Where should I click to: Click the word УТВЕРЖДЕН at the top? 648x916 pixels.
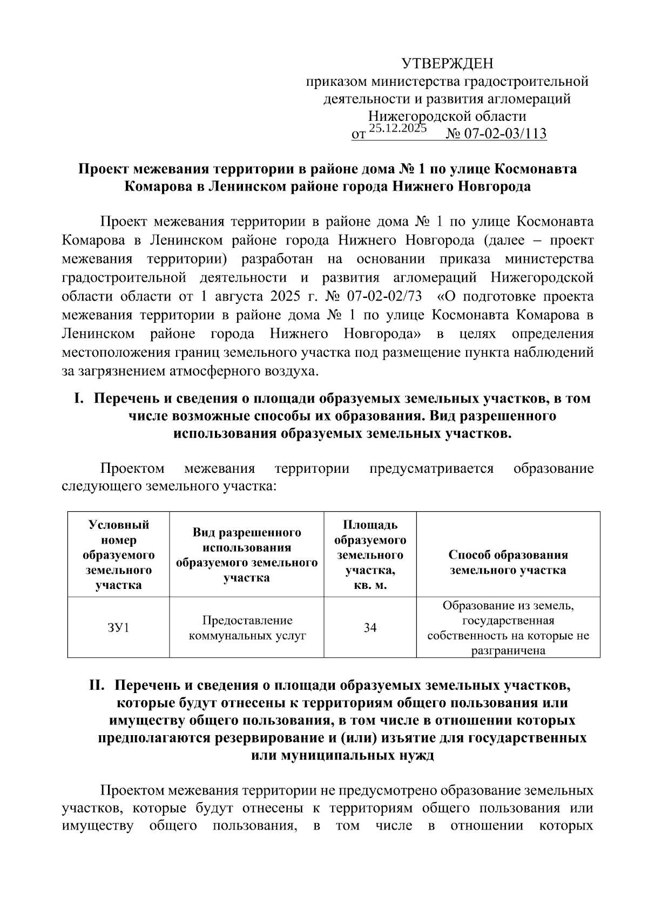click(x=448, y=64)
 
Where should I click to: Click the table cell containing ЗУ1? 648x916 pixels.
click(x=118, y=627)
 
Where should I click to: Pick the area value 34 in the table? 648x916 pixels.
click(x=370, y=627)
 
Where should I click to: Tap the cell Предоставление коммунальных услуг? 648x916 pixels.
click(x=247, y=628)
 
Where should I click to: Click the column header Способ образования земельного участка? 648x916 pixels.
click(x=508, y=562)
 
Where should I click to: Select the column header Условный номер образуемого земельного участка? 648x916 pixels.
click(x=118, y=555)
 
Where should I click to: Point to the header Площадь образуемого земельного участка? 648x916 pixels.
click(x=370, y=555)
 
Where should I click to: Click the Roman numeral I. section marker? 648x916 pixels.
click(x=79, y=399)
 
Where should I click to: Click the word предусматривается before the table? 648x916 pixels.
click(x=431, y=468)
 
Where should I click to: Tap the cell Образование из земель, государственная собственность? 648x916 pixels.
click(x=508, y=628)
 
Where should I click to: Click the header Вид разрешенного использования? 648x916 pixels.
click(x=247, y=555)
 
